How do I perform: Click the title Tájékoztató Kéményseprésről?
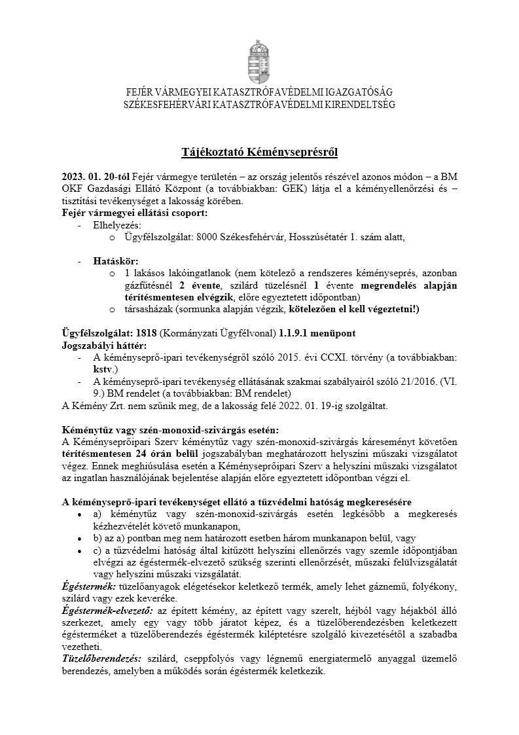[260, 152]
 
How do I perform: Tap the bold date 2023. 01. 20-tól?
[96, 177]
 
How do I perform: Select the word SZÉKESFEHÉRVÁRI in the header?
[166, 104]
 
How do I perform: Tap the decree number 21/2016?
[412, 381]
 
